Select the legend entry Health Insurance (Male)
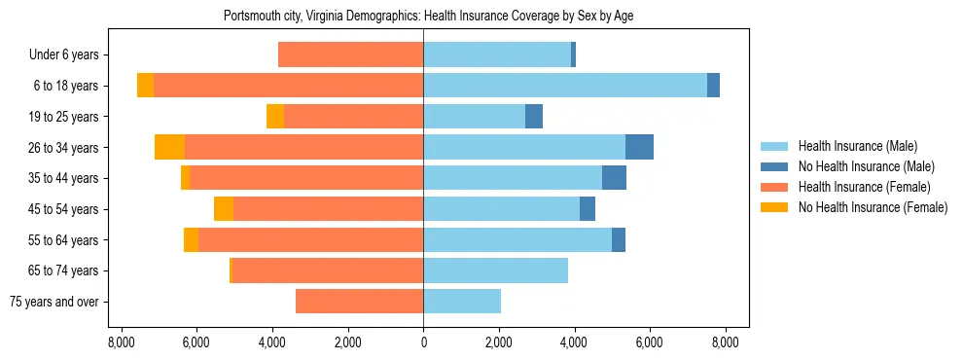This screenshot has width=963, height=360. [857, 147]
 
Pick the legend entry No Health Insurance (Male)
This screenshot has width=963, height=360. [866, 167]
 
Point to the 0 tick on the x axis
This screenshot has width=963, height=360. [423, 342]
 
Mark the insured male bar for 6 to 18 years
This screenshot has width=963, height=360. [565, 86]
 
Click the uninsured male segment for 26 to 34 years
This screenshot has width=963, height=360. [639, 147]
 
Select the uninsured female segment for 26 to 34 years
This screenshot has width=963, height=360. [169, 147]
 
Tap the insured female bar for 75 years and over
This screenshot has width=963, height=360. [359, 302]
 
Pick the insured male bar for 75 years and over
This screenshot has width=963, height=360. [462, 302]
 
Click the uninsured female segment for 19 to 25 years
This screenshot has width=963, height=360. [275, 117]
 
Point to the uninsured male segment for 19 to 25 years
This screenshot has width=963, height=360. [534, 117]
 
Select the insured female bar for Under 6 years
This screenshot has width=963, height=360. [350, 55]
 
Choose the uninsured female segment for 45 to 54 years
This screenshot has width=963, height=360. [224, 209]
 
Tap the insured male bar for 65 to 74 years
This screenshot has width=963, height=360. [495, 270]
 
